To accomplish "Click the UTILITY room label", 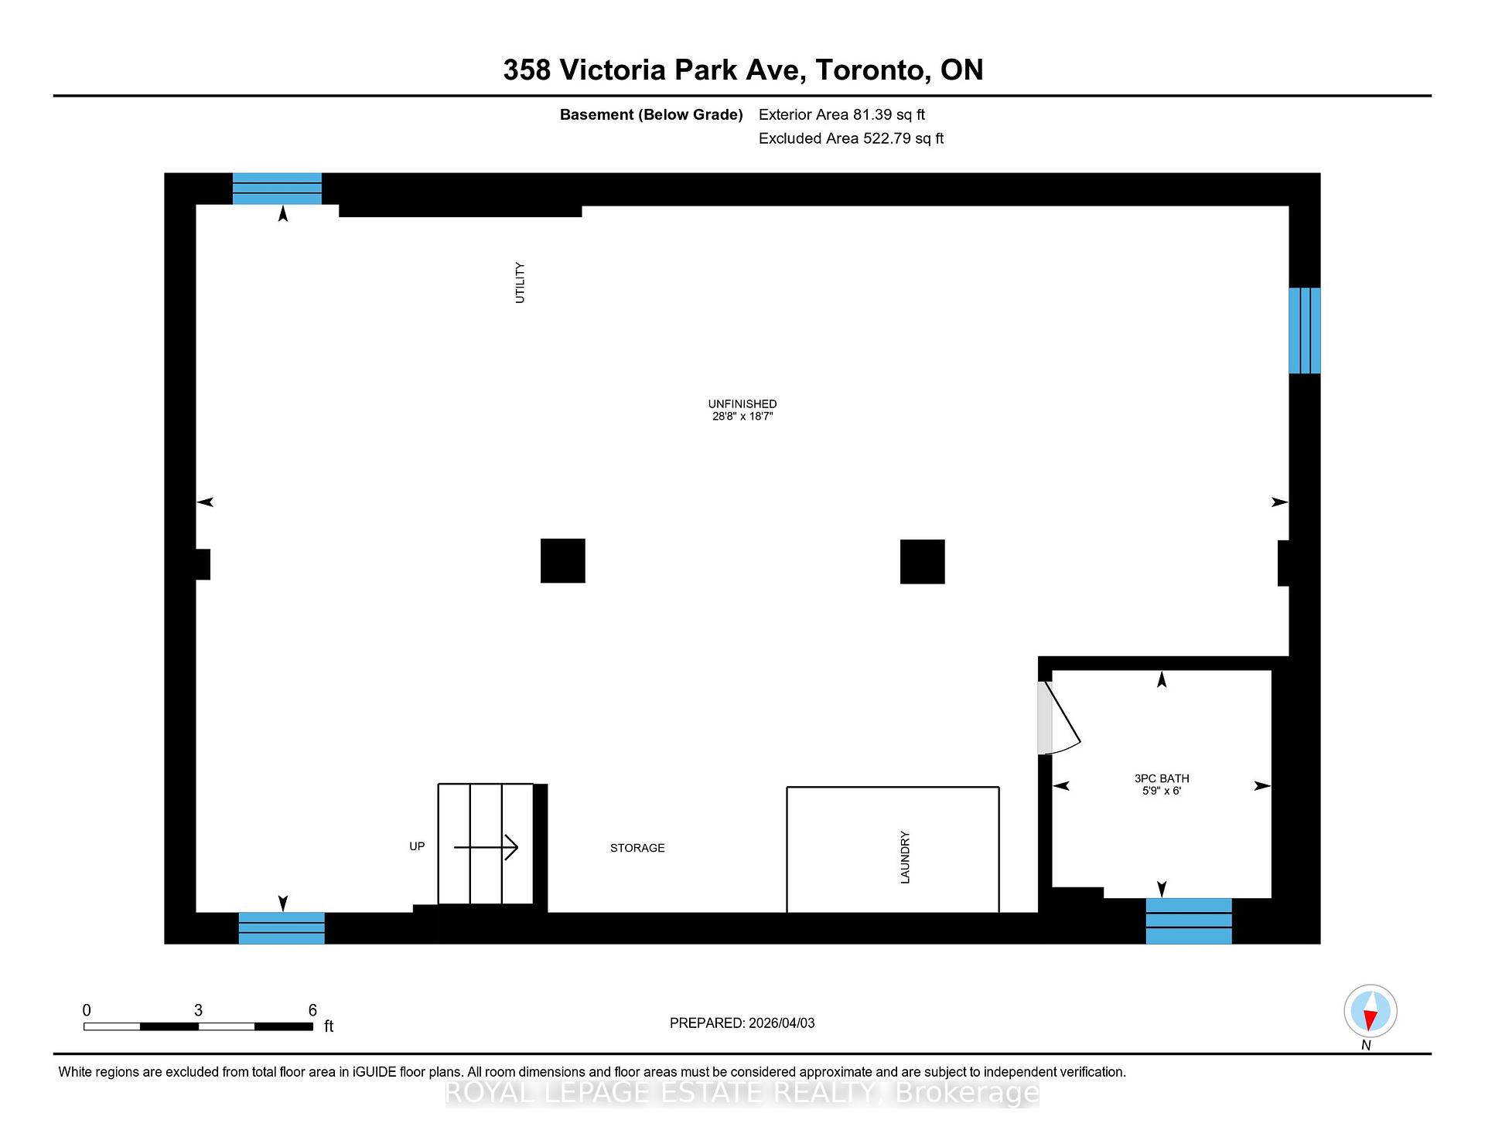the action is [x=520, y=283].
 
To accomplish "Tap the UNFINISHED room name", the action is [x=742, y=403].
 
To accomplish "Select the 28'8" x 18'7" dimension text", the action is [x=742, y=417].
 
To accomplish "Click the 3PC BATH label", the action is [x=1162, y=778].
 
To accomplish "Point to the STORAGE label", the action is [x=637, y=848].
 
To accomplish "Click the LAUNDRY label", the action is [x=905, y=857].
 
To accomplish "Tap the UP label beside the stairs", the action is [x=417, y=846].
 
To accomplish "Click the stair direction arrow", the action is [x=486, y=847].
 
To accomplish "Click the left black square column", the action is [x=562, y=560].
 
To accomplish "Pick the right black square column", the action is [x=922, y=561].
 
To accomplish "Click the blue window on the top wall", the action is [x=277, y=189].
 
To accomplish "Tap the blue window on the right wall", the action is [x=1304, y=331].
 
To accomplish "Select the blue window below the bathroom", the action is [x=1188, y=921].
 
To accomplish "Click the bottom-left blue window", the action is [x=282, y=928].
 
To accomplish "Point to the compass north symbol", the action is [x=1370, y=1011].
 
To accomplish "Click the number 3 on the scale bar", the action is [x=198, y=1010].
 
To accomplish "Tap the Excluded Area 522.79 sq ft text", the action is [x=851, y=138].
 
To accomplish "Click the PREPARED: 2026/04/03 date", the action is [x=742, y=1023].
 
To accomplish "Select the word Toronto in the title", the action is [x=872, y=70].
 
